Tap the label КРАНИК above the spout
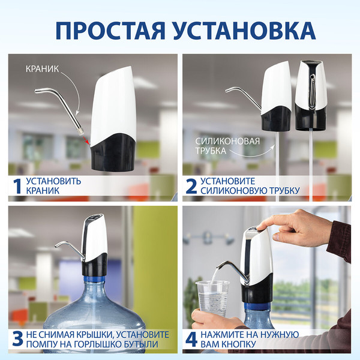(42, 69)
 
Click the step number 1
(17, 186)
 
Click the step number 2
(191, 186)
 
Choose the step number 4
(191, 339)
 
